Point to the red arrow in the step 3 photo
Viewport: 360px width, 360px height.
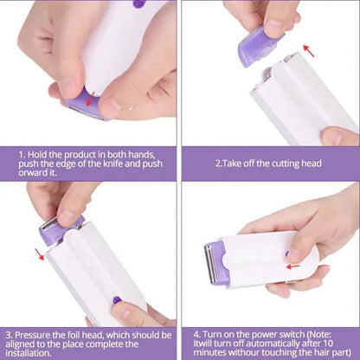[x=39, y=254]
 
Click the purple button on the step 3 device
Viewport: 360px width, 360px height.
[x=115, y=300]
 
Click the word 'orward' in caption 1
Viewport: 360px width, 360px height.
[x=37, y=171]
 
